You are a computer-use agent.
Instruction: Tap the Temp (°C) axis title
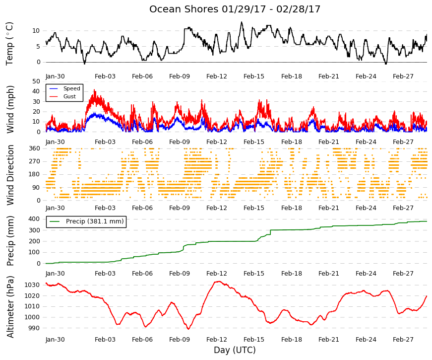(x=9, y=44)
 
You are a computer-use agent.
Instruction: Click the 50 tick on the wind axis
(x=36, y=81)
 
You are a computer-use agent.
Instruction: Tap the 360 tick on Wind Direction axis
(x=34, y=148)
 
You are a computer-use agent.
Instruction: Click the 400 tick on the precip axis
(x=34, y=219)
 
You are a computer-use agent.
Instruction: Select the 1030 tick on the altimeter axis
(x=32, y=285)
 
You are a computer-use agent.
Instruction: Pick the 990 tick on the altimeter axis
(x=34, y=328)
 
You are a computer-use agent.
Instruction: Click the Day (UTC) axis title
(x=235, y=350)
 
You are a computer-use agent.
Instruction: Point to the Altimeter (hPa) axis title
(x=10, y=306)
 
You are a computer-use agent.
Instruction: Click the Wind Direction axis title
(x=10, y=175)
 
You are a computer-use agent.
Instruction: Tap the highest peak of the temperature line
(x=242, y=22)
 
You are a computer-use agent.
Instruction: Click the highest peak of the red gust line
(x=95, y=90)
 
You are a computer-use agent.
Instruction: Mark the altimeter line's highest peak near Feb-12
(x=218, y=282)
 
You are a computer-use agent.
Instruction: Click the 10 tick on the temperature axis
(x=36, y=31)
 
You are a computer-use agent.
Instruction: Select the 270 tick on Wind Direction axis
(x=34, y=161)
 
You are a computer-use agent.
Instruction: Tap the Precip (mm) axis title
(x=10, y=241)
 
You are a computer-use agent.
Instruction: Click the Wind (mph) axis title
(x=10, y=110)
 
